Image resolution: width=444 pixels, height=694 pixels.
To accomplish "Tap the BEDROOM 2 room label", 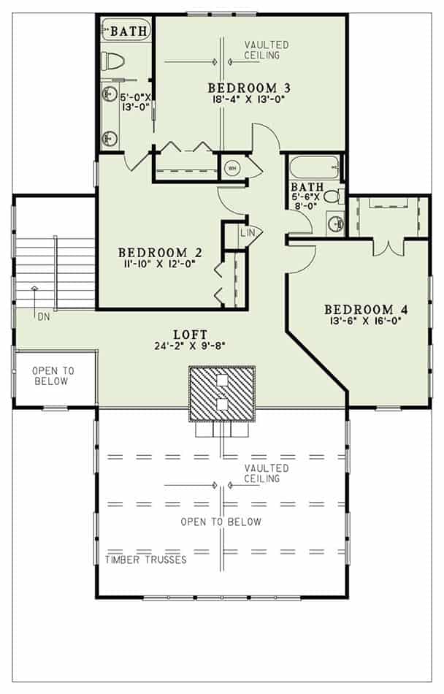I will click(x=160, y=253).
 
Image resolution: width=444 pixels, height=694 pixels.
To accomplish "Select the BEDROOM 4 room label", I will click(x=366, y=308).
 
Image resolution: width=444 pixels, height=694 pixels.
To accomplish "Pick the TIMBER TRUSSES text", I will click(x=145, y=560).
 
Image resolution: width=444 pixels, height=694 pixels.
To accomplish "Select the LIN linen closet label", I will click(x=247, y=233).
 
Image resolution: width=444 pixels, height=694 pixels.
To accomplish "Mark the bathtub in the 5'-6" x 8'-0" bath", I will click(x=315, y=167).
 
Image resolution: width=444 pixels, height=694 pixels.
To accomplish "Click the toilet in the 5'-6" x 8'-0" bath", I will click(x=332, y=197).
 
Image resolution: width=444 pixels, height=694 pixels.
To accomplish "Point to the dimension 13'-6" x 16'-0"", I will click(x=366, y=320).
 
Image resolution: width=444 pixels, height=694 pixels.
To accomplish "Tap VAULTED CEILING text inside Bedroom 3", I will click(x=267, y=50).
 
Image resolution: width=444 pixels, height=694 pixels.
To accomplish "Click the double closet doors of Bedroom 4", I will click(x=387, y=247).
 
